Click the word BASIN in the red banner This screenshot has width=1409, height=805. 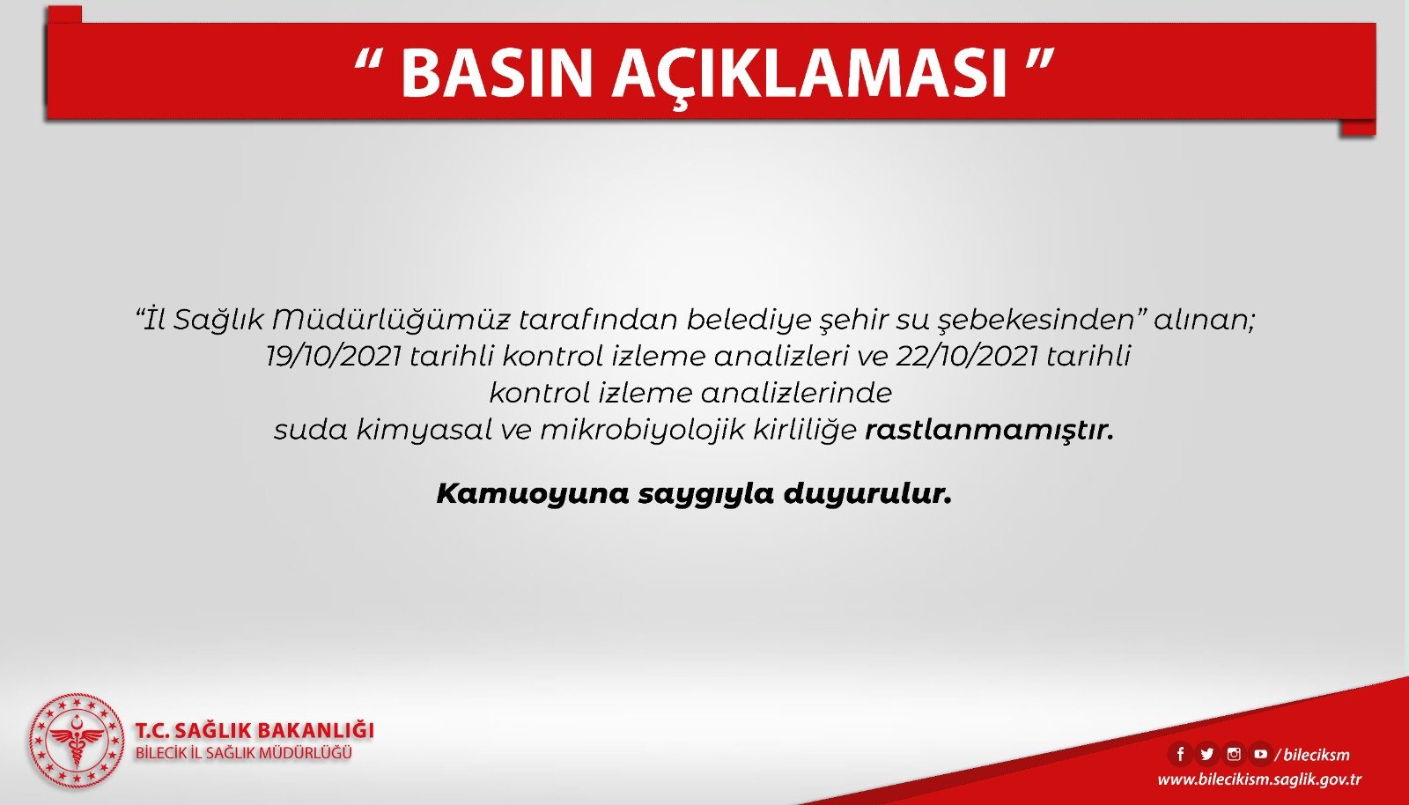pyautogui.click(x=497, y=73)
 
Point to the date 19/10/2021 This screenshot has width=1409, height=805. pyautogui.click(x=334, y=357)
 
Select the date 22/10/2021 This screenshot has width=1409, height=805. pyautogui.click(x=967, y=357)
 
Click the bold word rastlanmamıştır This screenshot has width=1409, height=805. pyautogui.click(x=990, y=431)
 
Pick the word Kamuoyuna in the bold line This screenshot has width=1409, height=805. pyautogui.click(x=533, y=494)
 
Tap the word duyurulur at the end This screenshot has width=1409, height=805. pyautogui.click(x=867, y=494)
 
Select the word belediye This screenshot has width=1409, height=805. pyautogui.click(x=749, y=321)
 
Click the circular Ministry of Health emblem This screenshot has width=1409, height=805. pyautogui.click(x=77, y=741)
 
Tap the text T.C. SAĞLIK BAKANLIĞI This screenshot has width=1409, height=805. pyautogui.click(x=255, y=730)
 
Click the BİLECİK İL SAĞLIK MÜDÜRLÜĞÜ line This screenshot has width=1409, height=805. pyautogui.click(x=243, y=753)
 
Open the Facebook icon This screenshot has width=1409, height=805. pyautogui.click(x=1181, y=753)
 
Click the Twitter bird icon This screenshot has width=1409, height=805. pyautogui.click(x=1207, y=753)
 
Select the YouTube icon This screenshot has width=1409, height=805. pyautogui.click(x=1260, y=753)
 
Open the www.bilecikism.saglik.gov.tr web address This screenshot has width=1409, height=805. pyautogui.click(x=1259, y=779)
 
